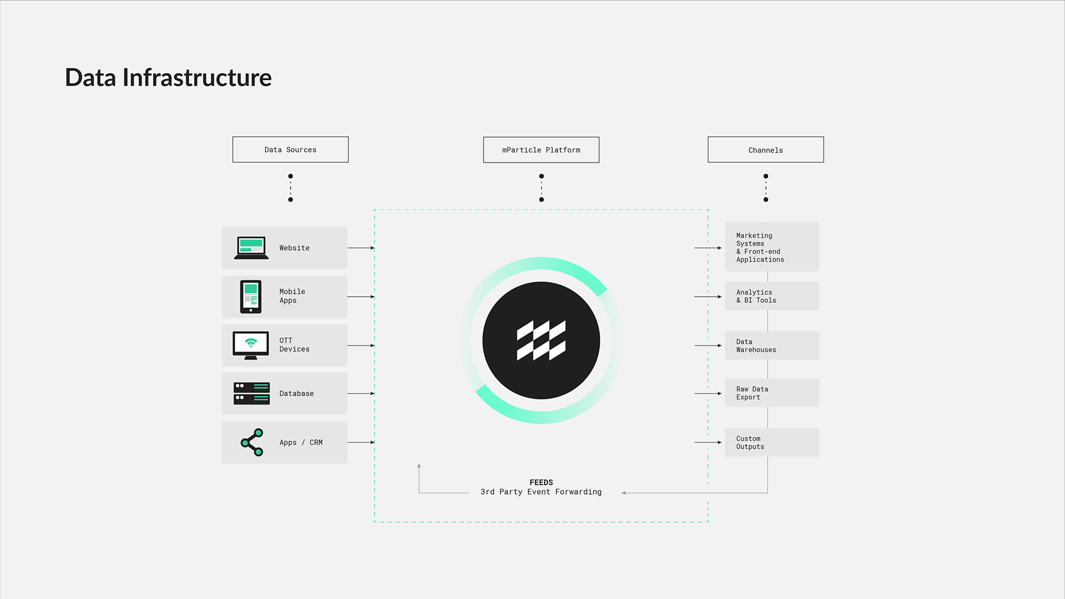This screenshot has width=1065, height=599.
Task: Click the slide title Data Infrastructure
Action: click(x=168, y=78)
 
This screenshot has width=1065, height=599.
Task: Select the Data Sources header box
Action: click(x=290, y=150)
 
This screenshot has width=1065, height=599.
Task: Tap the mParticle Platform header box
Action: click(x=541, y=150)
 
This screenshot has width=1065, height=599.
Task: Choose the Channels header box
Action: click(x=765, y=150)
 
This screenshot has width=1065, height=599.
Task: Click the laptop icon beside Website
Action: click(x=251, y=248)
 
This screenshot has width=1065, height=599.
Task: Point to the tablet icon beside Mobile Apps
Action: click(x=251, y=297)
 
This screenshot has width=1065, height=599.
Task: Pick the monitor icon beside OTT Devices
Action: click(x=251, y=345)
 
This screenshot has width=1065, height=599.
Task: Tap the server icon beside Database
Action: click(x=251, y=393)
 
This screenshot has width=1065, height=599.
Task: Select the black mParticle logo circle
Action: click(x=541, y=340)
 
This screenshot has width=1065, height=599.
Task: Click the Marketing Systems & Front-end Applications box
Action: click(x=772, y=247)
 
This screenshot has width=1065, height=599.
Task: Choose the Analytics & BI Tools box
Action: click(x=772, y=296)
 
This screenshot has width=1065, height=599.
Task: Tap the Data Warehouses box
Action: click(x=772, y=346)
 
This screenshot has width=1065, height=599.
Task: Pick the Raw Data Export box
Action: click(x=772, y=393)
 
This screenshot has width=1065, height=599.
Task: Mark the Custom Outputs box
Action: click(x=772, y=442)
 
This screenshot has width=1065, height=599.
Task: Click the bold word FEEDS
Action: click(x=541, y=483)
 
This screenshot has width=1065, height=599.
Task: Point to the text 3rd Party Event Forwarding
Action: click(x=541, y=492)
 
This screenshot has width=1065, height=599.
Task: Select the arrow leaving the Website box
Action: click(x=361, y=248)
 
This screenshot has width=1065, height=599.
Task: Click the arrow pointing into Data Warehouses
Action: click(x=708, y=346)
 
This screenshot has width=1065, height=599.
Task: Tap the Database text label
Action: click(x=296, y=394)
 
